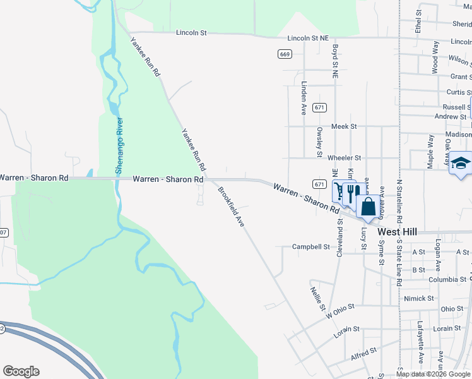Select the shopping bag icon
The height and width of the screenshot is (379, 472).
[x=369, y=207]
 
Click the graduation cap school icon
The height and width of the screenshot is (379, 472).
[x=461, y=162]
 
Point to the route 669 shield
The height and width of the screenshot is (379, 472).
[x=285, y=55]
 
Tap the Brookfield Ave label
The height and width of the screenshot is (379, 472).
[x=231, y=207]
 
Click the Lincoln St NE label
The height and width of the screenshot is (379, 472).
[x=308, y=39]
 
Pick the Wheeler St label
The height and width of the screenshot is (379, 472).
[x=345, y=157]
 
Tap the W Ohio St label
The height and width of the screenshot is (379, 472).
[x=341, y=308]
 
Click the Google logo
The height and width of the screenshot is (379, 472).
[x=21, y=371]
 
